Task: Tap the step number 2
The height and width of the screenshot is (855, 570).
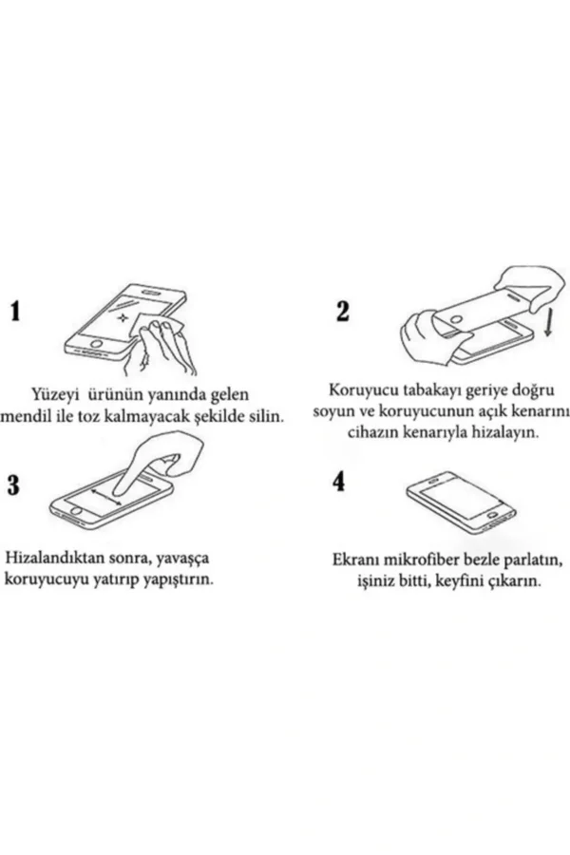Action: click(x=343, y=311)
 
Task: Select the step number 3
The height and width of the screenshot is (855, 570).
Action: click(x=14, y=485)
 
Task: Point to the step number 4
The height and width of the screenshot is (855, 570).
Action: click(x=339, y=483)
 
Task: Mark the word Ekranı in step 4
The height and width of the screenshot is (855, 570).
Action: click(x=357, y=560)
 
